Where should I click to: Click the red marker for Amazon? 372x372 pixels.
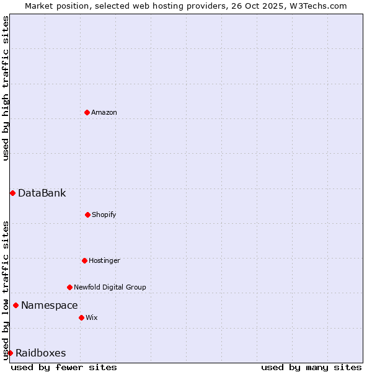[87, 112]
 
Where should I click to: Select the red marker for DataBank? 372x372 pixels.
[12, 193]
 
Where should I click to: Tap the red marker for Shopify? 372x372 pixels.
[87, 215]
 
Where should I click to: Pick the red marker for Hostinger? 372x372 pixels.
[84, 260]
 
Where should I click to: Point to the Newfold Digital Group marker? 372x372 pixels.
[69, 287]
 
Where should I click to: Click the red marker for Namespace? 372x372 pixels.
[15, 305]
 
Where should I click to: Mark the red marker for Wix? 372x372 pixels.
[81, 317]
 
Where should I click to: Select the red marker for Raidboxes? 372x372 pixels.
[10, 353]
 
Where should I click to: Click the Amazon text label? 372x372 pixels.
[104, 112]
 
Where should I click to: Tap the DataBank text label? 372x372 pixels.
[42, 193]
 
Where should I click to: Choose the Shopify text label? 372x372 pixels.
[104, 215]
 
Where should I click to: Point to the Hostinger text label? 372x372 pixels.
[104, 260]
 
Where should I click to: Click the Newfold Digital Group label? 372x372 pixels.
[110, 287]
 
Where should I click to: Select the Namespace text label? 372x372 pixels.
[50, 305]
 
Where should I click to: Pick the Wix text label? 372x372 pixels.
[92, 317]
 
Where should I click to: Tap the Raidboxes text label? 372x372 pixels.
[40, 353]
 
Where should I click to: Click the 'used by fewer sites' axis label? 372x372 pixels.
[64, 367]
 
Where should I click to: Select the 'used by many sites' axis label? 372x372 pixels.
[311, 367]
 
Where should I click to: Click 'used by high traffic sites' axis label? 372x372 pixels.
[6, 88]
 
